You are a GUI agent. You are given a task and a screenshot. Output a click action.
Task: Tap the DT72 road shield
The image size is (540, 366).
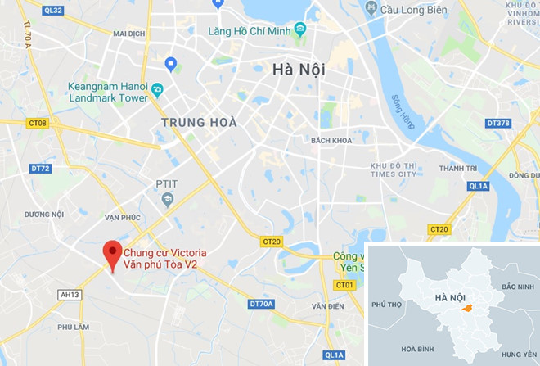pos(40,169)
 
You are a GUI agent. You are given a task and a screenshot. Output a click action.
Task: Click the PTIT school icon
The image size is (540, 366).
pos(168,200)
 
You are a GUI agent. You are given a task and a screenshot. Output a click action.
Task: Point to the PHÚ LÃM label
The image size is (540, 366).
pos(72,327)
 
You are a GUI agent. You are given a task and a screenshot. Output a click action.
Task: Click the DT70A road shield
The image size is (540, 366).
pos(261,305)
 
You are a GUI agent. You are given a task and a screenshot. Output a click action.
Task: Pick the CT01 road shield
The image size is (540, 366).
pos(344,285)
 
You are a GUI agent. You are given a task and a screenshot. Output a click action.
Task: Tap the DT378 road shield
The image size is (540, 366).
pos(497,124)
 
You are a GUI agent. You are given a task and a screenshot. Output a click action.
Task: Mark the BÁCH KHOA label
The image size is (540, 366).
pos(331,141)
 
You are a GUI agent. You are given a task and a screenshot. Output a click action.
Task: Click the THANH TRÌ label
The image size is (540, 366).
pos(457,169)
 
